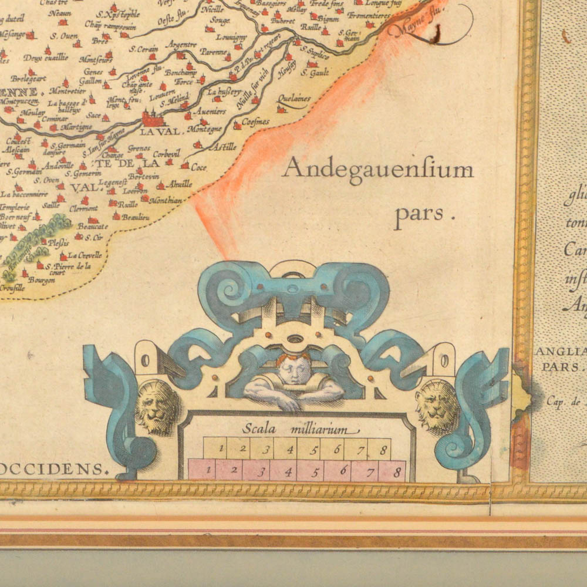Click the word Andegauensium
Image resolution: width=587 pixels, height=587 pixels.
click(x=377, y=170)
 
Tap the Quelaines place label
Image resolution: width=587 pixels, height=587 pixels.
click(x=295, y=99)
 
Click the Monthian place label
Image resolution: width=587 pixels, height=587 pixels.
click(x=166, y=200)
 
